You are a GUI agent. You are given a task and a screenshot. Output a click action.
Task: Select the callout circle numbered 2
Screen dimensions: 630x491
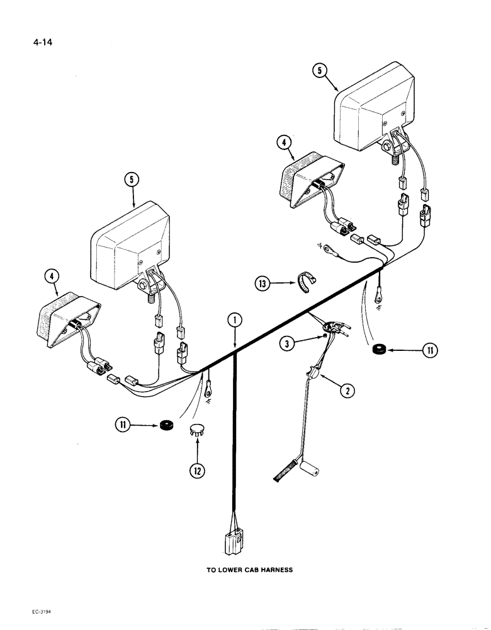click(347, 391)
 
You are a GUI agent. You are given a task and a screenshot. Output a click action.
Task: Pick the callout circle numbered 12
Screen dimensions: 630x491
click(198, 470)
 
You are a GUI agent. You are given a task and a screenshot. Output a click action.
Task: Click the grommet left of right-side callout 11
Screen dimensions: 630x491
click(380, 349)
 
